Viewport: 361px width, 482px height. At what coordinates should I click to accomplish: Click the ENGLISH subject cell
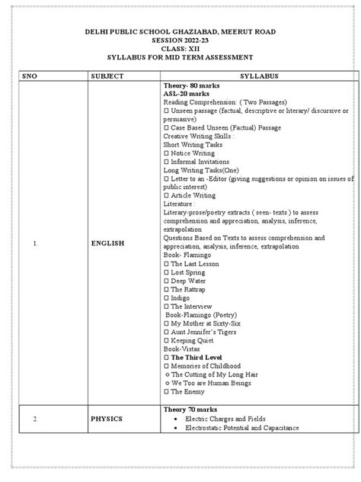click(110, 245)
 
